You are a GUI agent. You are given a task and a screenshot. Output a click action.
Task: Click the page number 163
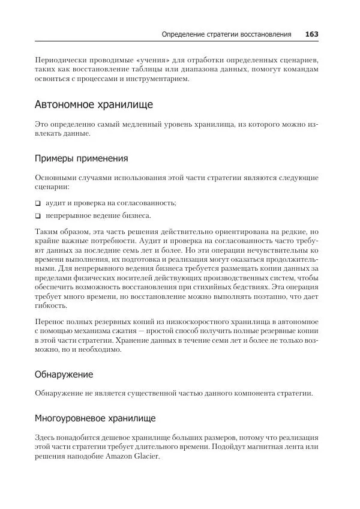pyautogui.click(x=311, y=34)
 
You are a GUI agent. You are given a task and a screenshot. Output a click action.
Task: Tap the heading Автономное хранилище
pyautogui.click(x=94, y=104)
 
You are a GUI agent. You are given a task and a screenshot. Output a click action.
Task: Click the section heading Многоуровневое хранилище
pyautogui.click(x=95, y=417)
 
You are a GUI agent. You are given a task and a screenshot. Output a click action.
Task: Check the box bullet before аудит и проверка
pyautogui.click(x=38, y=203)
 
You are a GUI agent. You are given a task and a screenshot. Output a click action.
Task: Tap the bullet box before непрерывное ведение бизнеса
pyautogui.click(x=38, y=215)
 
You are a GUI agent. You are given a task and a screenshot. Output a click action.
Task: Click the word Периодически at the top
pyautogui.click(x=61, y=61)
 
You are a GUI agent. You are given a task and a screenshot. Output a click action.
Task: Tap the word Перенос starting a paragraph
pyautogui.click(x=50, y=322)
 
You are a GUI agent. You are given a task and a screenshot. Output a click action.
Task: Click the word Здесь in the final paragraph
pyautogui.click(x=47, y=438)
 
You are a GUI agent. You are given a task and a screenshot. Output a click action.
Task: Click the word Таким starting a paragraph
pyautogui.click(x=47, y=230)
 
